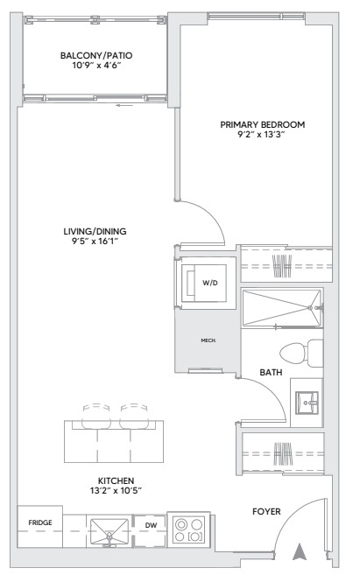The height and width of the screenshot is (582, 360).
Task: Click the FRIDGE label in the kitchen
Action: [40, 522]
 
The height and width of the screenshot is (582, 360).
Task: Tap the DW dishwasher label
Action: [151, 525]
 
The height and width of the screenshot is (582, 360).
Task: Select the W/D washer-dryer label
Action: [210, 283]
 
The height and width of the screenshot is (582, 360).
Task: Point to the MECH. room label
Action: [208, 340]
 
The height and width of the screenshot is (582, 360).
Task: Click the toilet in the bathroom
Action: [301, 353]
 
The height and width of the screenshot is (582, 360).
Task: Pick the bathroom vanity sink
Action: [307, 403]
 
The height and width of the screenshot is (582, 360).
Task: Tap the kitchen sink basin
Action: [109, 533]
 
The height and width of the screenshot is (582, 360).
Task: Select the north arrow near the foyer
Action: [300, 552]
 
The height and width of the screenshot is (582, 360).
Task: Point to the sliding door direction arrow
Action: [124, 105]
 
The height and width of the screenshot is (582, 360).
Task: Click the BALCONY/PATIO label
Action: [96, 56]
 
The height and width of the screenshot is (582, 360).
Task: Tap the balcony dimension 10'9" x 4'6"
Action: [96, 66]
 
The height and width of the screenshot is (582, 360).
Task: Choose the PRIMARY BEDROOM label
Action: [263, 124]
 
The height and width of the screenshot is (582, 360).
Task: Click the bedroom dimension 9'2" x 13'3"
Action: [261, 135]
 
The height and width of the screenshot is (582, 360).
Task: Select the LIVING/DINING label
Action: [95, 231]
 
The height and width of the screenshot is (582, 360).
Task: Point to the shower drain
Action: [311, 307]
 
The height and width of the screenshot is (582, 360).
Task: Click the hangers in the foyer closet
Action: [283, 453]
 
